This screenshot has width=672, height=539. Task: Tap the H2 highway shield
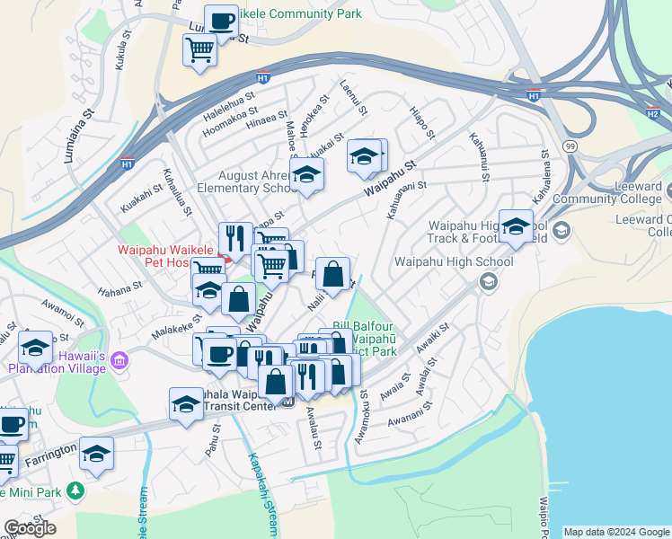pos(652,112)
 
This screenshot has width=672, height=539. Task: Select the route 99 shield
pos(570,146)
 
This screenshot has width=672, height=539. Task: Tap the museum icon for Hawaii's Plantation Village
pos(121,361)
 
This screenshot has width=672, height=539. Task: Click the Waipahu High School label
pos(454,262)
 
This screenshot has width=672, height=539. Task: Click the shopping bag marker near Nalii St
pos(332,275)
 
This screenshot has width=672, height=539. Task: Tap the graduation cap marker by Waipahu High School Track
pos(516,228)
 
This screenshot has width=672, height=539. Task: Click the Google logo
pos(30,528)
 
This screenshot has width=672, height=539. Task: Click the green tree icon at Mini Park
pos(75,491)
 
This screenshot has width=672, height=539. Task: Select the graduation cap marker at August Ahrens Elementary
pos(307,176)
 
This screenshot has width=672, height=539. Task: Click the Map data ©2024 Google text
pos(616,532)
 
